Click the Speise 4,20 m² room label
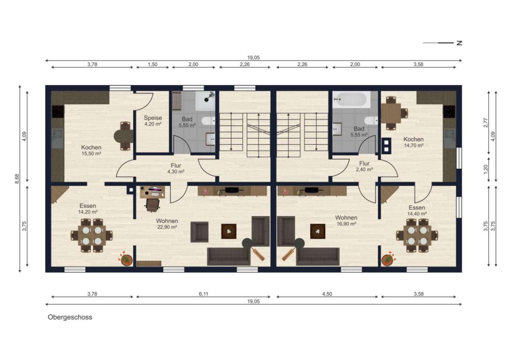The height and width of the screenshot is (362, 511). (153, 121)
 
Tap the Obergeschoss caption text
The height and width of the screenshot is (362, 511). (70, 318)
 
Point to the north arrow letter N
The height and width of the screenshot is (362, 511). (460, 43)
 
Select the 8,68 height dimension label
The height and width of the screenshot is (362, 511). (17, 179)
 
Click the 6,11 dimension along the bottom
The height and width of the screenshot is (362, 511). (203, 294)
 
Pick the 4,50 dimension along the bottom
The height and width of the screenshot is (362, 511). (327, 294)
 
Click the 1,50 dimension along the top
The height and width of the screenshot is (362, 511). (153, 65)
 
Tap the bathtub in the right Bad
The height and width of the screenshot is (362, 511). (351, 99)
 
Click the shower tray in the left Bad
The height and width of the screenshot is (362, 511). (205, 101)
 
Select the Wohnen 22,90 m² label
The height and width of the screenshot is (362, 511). (167, 224)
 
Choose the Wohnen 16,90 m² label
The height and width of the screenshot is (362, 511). (346, 221)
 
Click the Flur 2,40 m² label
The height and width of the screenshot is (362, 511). (365, 166)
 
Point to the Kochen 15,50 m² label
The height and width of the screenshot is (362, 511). (91, 150)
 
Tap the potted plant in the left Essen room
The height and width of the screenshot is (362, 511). (126, 259)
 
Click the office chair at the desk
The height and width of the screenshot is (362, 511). (153, 205)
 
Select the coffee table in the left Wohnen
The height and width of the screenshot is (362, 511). (229, 231)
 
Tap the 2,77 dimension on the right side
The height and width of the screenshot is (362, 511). (486, 123)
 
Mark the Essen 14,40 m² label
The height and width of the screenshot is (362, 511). (417, 211)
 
